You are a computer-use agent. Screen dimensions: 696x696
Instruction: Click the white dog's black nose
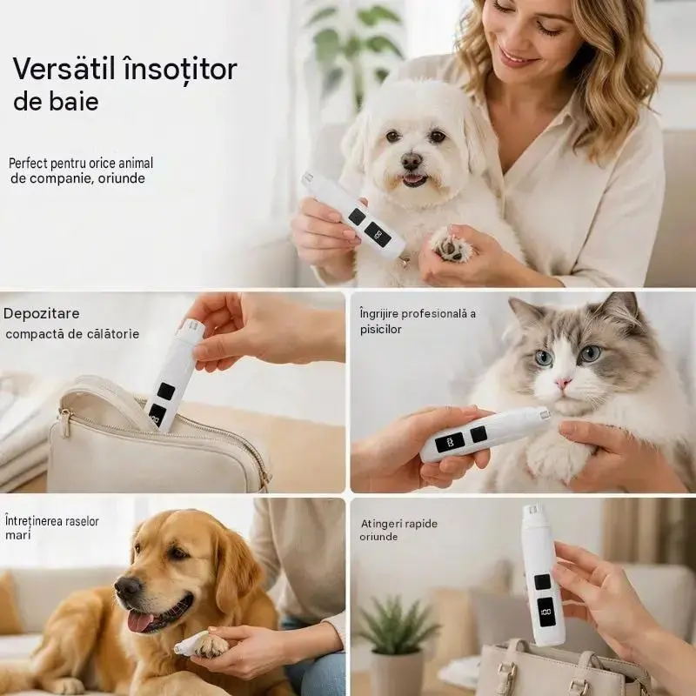(x=412, y=160)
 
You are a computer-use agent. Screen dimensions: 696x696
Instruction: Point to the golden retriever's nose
(x=128, y=587)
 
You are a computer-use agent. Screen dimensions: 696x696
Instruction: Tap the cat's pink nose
(x=563, y=383)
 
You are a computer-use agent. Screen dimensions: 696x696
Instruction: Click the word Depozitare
(x=41, y=314)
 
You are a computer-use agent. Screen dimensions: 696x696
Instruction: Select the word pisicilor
(x=380, y=330)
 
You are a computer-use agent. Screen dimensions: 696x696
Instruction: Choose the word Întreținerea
(x=34, y=520)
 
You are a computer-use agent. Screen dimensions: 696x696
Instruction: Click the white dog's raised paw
(x=449, y=246)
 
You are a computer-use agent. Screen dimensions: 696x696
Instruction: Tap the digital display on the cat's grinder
(x=450, y=443)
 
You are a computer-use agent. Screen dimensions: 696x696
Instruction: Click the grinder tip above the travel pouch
(x=191, y=328)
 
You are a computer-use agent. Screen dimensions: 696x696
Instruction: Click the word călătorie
(x=113, y=334)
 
